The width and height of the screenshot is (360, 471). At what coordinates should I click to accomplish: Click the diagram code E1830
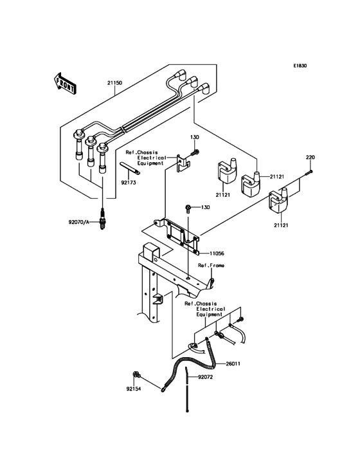tap(300, 66)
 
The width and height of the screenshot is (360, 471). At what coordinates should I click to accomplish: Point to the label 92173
tap(129, 182)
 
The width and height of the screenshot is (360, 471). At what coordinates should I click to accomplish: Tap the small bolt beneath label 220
tap(310, 171)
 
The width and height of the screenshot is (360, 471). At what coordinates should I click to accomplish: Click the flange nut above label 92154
tap(136, 374)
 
